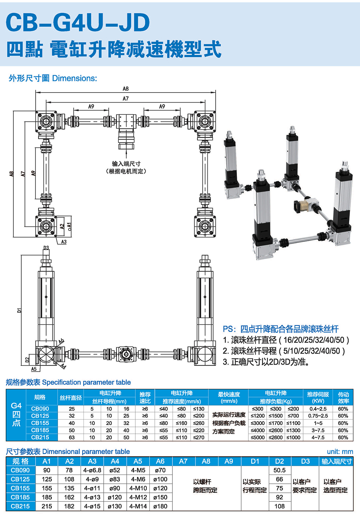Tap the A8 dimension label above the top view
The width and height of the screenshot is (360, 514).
pyautogui.click(x=125, y=89)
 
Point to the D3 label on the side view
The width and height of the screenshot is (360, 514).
pyautogui.click(x=46, y=248)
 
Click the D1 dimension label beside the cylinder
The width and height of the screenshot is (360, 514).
pyautogui.click(x=19, y=310)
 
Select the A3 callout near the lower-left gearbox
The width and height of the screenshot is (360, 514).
pyautogui.click(x=64, y=242)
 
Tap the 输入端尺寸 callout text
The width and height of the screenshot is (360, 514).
pyautogui.click(x=126, y=164)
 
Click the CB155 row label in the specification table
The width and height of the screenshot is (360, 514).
pyautogui.click(x=40, y=423)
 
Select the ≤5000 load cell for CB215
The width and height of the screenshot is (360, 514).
pyautogui.click(x=257, y=437)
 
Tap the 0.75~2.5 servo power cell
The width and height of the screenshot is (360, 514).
pyautogui.click(x=318, y=416)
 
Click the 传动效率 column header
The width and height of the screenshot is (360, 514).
pyautogui.click(x=343, y=398)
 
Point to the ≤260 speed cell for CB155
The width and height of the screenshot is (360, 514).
pyautogui.click(x=198, y=423)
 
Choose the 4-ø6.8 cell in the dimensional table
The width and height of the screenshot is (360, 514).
pyautogui.click(x=92, y=470)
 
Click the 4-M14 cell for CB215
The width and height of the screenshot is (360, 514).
pyautogui.click(x=138, y=506)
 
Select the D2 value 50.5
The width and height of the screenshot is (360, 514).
pyautogui.click(x=279, y=470)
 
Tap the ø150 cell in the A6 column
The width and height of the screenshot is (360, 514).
pyautogui.click(x=160, y=497)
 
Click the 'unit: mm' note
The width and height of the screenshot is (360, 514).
pyautogui.click(x=340, y=451)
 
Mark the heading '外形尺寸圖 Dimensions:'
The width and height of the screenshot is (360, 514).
pyautogui.click(x=53, y=78)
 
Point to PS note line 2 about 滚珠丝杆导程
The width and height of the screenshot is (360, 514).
pyautogui.click(x=284, y=351)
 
